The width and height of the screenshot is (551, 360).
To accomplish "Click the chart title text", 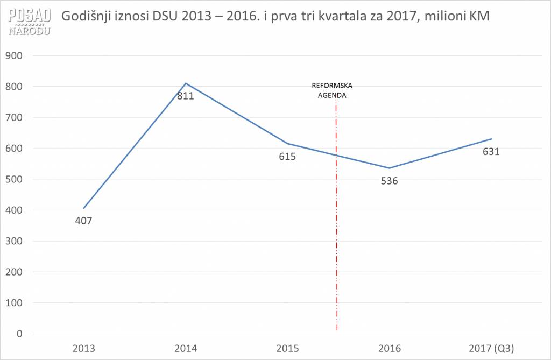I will click(275, 16).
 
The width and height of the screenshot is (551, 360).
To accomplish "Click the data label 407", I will click(84, 220).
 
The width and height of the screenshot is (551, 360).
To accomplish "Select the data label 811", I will click(185, 97).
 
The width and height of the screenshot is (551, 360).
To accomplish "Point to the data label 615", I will click(287, 157).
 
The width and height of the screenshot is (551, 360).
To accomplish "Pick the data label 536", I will click(389, 181).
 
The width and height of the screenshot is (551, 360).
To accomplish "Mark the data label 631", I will click(491, 151).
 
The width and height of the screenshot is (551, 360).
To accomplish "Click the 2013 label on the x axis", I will click(84, 348).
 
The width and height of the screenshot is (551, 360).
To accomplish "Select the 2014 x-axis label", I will click(186, 348).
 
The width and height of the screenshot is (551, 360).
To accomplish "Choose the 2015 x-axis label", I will click(287, 348).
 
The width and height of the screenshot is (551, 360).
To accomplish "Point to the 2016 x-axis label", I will click(389, 348).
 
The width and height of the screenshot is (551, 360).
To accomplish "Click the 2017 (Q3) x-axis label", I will click(491, 348).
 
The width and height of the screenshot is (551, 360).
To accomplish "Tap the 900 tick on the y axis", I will click(15, 55).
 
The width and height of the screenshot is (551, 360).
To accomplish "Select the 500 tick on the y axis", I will click(15, 179).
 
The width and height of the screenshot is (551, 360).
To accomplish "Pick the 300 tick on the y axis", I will click(15, 241).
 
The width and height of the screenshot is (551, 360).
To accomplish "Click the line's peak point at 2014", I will click(186, 83).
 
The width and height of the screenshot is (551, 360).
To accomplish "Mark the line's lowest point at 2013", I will click(84, 208).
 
